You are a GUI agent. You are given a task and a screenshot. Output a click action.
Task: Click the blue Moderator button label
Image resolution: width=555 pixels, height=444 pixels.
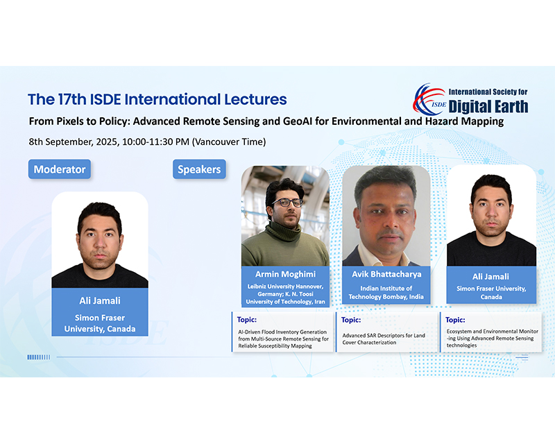(x=60, y=169)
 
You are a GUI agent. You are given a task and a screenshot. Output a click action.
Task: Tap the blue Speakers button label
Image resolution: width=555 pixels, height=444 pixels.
(x=199, y=169)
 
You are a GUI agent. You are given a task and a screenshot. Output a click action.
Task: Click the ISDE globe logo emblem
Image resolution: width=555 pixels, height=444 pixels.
(x=429, y=99)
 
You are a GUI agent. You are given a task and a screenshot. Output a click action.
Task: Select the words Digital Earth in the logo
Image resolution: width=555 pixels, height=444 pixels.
(x=488, y=107)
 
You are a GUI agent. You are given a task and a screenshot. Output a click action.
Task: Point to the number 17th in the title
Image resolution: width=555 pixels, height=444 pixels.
(x=72, y=99)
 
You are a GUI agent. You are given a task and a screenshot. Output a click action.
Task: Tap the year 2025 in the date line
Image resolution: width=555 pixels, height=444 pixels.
(x=107, y=142)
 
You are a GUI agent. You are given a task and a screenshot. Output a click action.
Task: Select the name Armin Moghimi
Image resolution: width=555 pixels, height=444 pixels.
(x=285, y=274)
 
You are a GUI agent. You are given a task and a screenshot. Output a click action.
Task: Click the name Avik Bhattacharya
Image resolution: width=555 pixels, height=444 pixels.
(x=386, y=274)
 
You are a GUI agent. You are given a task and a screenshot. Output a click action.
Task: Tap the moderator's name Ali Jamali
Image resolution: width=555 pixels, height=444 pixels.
(x=100, y=301)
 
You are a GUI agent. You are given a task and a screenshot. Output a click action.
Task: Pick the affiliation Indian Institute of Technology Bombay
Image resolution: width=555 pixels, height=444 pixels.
(x=386, y=293)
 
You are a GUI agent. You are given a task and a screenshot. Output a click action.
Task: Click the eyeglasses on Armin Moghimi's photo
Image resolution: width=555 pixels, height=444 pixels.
(x=287, y=203)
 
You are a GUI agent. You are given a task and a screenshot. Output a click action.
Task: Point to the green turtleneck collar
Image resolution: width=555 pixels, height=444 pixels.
(x=283, y=232)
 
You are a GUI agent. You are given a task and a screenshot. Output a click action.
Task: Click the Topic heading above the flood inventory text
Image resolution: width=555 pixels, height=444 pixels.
(x=247, y=320)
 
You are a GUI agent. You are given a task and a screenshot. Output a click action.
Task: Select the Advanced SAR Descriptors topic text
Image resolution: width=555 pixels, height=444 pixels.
(x=384, y=339)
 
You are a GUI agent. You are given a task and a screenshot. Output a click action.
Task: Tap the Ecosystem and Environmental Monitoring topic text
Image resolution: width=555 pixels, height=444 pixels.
(x=493, y=338)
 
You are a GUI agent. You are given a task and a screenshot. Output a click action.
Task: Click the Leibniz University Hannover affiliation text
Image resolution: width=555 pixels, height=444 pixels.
(x=285, y=294)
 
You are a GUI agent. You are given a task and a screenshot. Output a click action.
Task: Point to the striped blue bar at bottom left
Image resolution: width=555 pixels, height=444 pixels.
(x=39, y=357)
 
